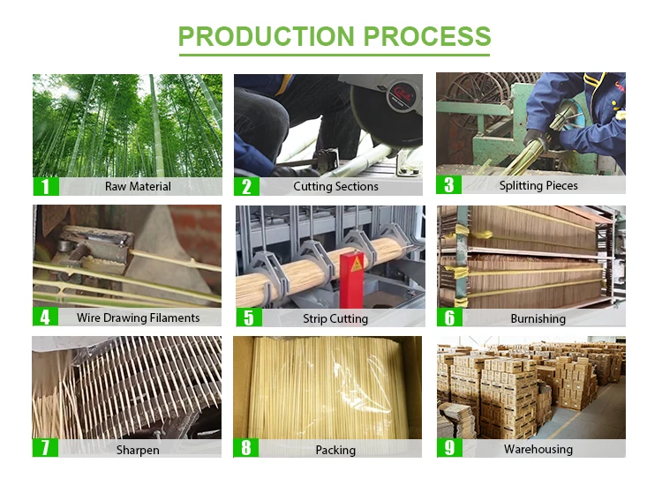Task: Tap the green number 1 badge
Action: tap(45, 186)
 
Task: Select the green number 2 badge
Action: tap(246, 186)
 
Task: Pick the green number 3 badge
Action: tap(448, 185)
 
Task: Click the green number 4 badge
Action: tap(45, 317)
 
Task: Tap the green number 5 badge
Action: tap(247, 318)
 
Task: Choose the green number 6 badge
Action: tap(449, 318)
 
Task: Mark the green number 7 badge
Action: tap(45, 449)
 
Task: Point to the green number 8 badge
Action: tap(246, 449)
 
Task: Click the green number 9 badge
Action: tap(449, 449)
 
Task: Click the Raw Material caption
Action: tap(138, 186)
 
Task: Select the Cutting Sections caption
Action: tap(336, 186)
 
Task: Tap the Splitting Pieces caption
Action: tap(538, 185)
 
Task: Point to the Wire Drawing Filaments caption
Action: tap(138, 317)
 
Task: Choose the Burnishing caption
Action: tap(538, 318)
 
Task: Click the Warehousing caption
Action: tap(538, 449)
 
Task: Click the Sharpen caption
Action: tap(138, 450)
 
